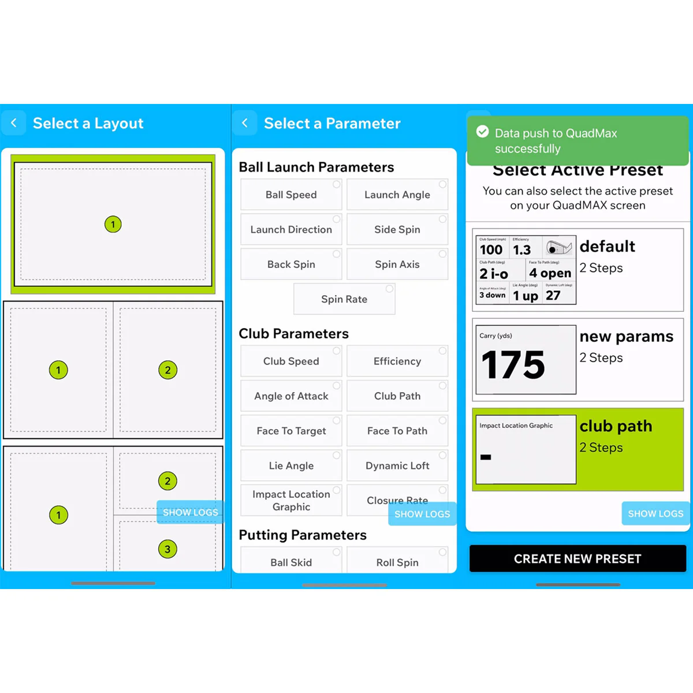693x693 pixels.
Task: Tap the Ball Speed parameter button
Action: coord(291,195)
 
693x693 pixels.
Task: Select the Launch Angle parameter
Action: coord(397,195)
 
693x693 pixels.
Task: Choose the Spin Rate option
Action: coord(344,299)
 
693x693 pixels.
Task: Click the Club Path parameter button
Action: coord(397,396)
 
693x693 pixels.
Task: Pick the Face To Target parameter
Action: coord(291,431)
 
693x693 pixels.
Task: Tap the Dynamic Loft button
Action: coord(397,465)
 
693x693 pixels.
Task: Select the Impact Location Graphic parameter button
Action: coord(291,500)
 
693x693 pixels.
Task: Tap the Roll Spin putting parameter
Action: coord(397,562)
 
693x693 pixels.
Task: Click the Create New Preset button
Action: coord(577,558)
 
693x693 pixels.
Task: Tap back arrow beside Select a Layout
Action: coord(14,123)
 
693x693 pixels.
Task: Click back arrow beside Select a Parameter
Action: coord(245,123)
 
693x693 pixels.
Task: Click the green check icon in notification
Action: coord(482,132)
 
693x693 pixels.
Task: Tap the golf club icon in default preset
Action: coord(559,247)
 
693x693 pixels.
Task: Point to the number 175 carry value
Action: coord(513,365)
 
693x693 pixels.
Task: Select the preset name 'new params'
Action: coord(626,336)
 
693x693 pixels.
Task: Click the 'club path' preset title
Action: coord(616,426)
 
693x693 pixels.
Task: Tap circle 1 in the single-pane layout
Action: coord(113,224)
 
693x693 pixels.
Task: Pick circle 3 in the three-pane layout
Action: coord(167,549)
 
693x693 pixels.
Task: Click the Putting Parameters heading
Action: coord(303,535)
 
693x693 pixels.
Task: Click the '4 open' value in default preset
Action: coord(550,273)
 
